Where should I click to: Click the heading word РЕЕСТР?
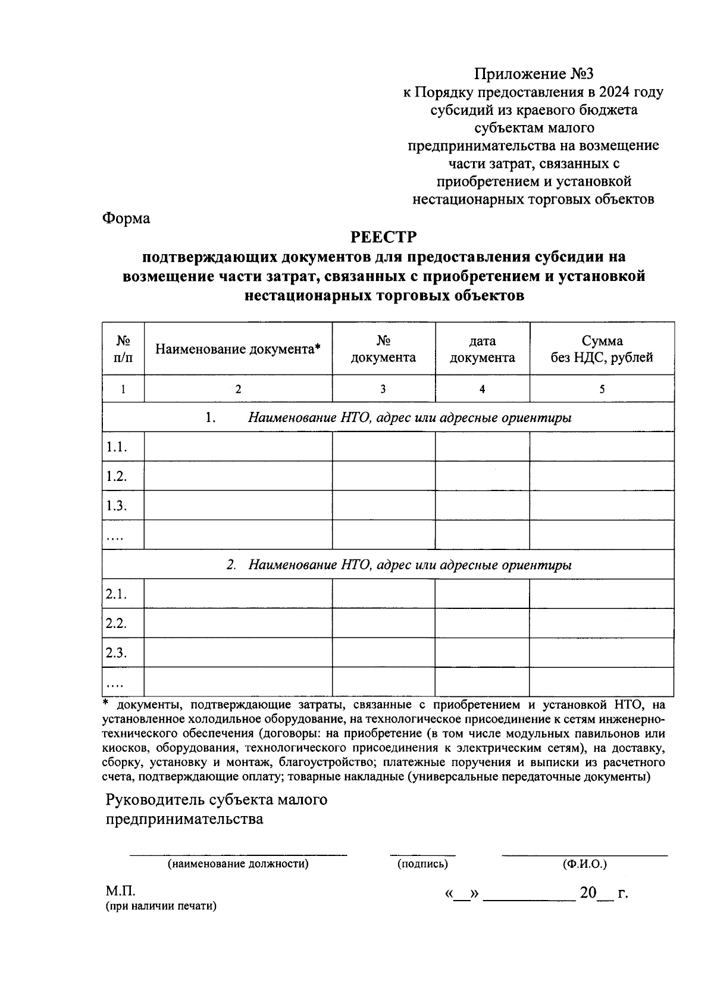coord(384,237)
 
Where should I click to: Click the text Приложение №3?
coord(534,74)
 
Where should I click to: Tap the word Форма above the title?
coord(126,218)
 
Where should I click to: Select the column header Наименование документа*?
coord(238,349)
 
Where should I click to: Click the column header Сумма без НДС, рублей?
coord(602,349)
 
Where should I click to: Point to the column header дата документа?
coord(482,349)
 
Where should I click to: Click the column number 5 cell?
coord(602,389)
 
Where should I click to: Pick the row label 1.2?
coord(117,476)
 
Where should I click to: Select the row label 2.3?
coord(117,652)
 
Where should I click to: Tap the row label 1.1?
coord(117,447)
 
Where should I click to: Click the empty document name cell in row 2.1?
coord(238,594)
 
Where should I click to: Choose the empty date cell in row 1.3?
coord(482,505)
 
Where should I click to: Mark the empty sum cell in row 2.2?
coord(602,623)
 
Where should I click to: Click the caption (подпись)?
coord(422,864)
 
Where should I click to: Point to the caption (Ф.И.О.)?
coord(584,864)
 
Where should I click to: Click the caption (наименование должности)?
coord(238,864)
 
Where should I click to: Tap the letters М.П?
coord(121,892)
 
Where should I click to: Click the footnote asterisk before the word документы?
coord(107,704)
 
